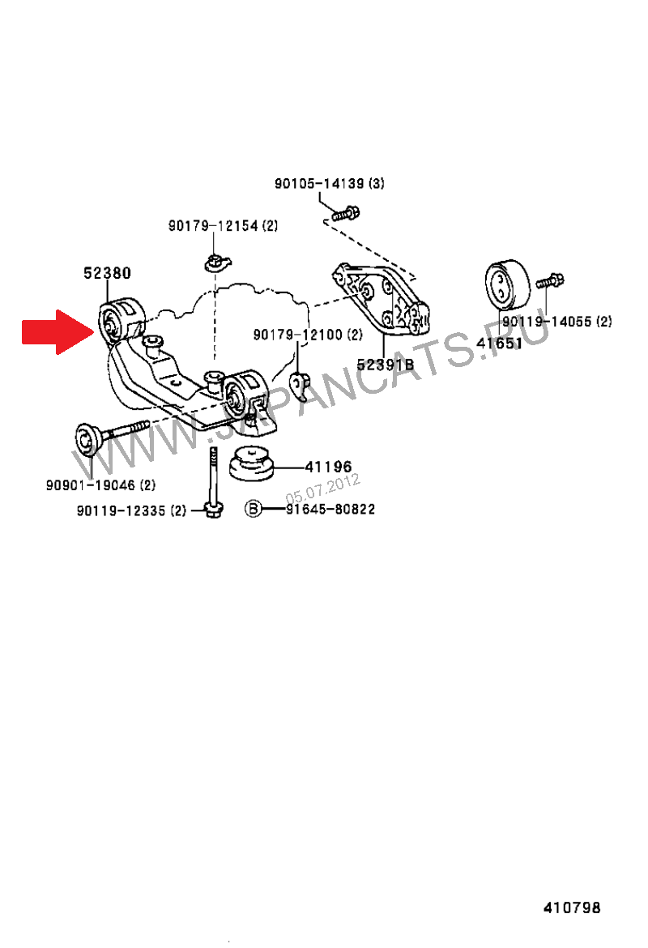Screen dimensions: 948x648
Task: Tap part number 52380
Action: click(x=106, y=274)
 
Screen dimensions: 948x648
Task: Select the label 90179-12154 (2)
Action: click(x=223, y=226)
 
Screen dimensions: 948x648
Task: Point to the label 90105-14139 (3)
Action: click(x=329, y=184)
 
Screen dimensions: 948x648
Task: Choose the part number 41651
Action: click(x=499, y=343)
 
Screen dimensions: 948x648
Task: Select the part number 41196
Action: click(x=328, y=467)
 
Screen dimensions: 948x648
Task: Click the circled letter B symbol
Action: click(x=254, y=509)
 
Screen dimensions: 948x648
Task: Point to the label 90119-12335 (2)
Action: click(x=131, y=510)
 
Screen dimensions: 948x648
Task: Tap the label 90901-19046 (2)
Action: click(x=100, y=485)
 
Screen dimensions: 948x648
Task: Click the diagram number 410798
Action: click(x=572, y=908)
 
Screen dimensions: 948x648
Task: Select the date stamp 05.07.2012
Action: click(x=322, y=489)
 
